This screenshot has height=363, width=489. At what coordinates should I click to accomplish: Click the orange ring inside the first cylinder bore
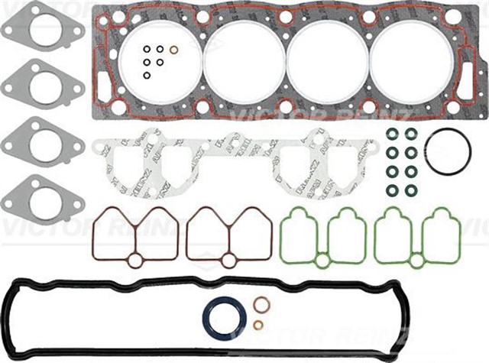click(174, 51)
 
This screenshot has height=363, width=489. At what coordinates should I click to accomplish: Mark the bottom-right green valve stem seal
click(412, 188)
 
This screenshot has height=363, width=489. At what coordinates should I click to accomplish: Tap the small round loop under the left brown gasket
click(135, 261)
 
